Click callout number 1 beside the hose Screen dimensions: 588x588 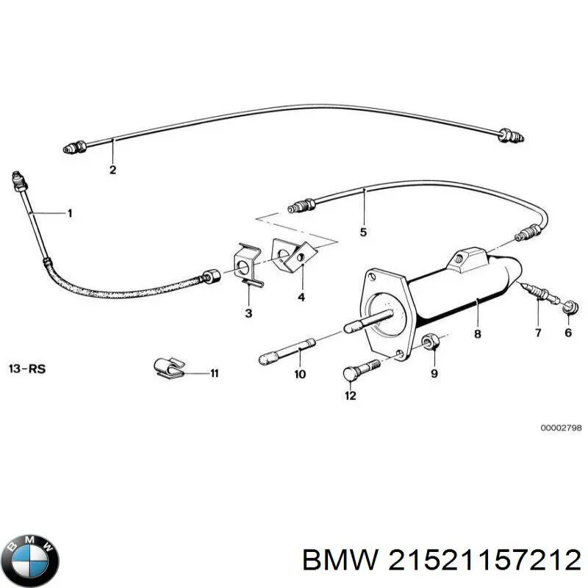click(x=70, y=214)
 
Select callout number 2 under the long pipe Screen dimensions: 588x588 click(x=112, y=170)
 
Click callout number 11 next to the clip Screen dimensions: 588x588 click(x=214, y=374)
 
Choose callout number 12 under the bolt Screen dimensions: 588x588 click(x=350, y=396)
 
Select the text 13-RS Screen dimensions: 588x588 click(x=26, y=368)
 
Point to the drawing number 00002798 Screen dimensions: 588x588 click(x=560, y=427)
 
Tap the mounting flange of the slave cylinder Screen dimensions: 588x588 click(x=384, y=309)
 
